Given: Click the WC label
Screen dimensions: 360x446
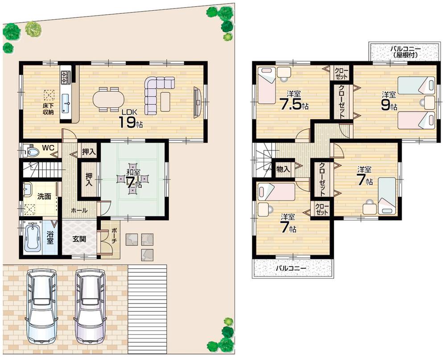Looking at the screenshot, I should pyautogui.click(x=48, y=147).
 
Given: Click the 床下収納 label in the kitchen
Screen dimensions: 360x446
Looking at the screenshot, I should pyautogui.click(x=48, y=109).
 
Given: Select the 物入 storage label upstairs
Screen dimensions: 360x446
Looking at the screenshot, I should pyautogui.click(x=283, y=169).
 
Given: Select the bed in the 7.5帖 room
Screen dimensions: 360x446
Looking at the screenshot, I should pyautogui.click(x=269, y=85).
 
